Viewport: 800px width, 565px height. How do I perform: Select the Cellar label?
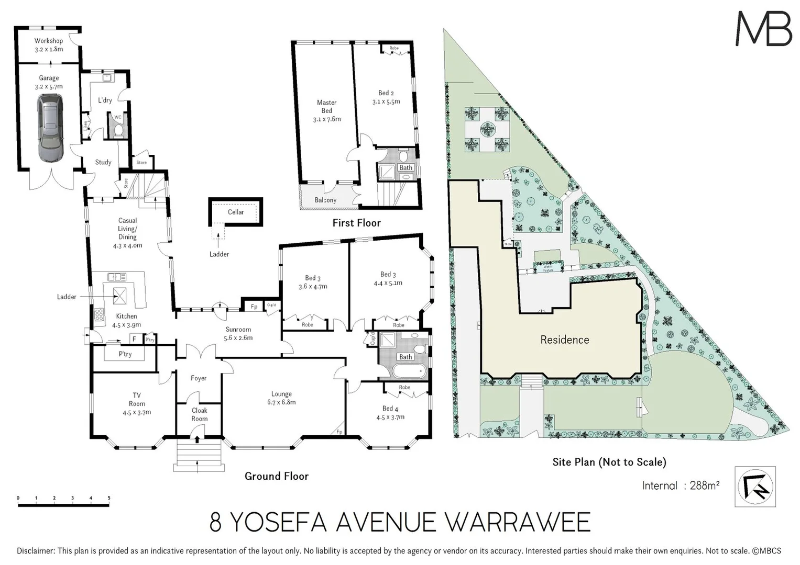[x=236, y=212]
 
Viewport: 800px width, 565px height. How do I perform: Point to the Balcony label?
[x=325, y=200]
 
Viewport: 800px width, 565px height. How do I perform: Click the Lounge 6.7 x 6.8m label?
[x=281, y=398]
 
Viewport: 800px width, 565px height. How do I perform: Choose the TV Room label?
[x=137, y=403]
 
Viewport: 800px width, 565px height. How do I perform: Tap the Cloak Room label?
[x=199, y=414]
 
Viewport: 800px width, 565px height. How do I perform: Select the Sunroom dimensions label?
[x=238, y=338]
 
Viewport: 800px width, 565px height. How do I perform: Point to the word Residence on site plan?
[x=564, y=340]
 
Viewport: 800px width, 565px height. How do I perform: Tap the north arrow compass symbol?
[x=755, y=487]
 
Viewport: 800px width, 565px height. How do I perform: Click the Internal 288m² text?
[x=680, y=485]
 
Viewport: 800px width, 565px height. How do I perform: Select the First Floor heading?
[x=356, y=223]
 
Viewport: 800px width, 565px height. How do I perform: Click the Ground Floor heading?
[x=277, y=476]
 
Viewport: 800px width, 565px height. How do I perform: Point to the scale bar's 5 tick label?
[x=109, y=498]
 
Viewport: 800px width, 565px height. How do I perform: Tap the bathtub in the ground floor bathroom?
[x=409, y=372]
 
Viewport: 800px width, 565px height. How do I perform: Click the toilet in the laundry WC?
[x=118, y=129]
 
